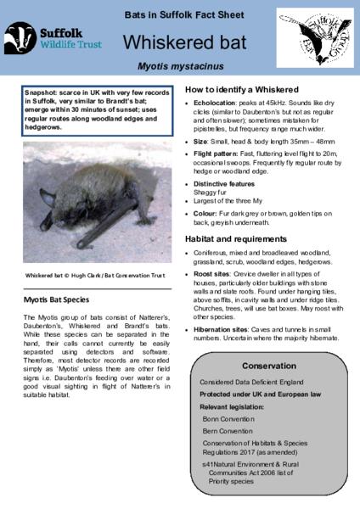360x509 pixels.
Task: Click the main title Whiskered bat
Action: click(x=179, y=42)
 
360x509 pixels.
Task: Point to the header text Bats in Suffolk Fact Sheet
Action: click(x=179, y=15)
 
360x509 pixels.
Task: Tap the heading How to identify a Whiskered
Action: click(x=241, y=89)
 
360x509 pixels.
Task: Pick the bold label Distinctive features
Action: click(x=228, y=183)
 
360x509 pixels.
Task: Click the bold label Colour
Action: click(x=208, y=214)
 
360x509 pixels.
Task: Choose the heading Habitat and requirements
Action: click(x=240, y=239)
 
